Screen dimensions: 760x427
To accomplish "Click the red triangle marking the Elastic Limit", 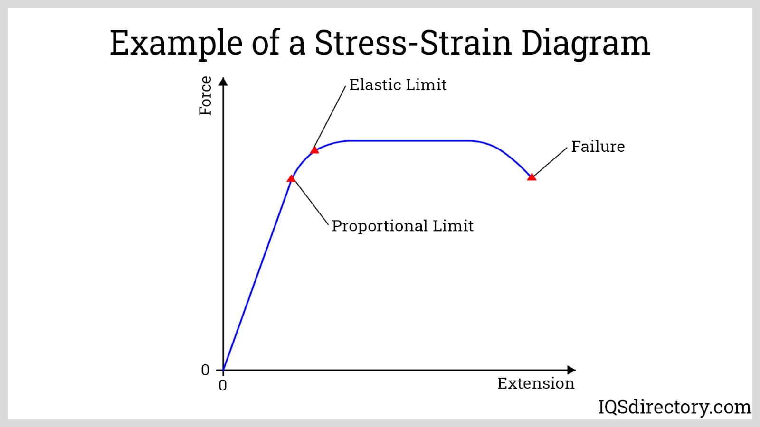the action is [x=314, y=150].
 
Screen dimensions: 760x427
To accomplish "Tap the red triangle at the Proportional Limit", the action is [x=292, y=178].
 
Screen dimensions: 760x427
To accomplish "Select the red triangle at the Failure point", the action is [x=532, y=177].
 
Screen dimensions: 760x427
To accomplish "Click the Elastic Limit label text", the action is [x=398, y=85].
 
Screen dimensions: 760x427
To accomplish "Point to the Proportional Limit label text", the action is [x=402, y=226].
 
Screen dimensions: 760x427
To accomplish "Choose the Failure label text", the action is [x=598, y=147].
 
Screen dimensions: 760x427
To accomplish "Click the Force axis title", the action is [x=205, y=96].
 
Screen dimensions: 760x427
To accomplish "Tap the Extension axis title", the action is [x=536, y=383].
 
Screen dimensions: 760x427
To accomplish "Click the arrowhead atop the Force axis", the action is [x=223, y=81].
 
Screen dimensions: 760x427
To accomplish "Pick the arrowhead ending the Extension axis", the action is [x=571, y=370].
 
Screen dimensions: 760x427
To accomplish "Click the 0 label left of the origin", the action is [x=205, y=370].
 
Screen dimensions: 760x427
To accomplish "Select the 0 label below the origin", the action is [x=223, y=386].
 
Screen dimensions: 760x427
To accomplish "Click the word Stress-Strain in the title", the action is [x=413, y=43].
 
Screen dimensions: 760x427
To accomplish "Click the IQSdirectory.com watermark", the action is [x=674, y=407].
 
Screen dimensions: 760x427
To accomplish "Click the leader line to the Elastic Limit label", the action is [x=330, y=117].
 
